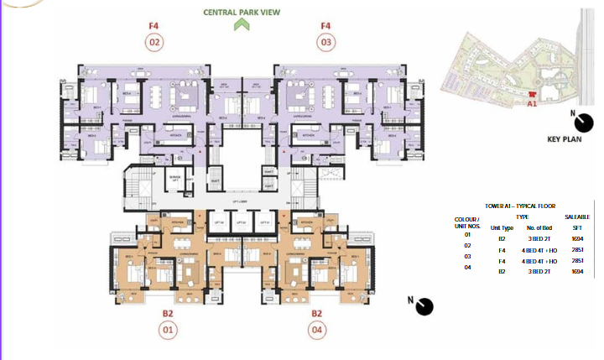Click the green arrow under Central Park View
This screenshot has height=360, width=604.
pos(242,24)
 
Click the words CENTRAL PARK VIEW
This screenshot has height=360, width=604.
pos(241,12)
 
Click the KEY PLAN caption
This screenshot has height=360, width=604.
pos(565,141)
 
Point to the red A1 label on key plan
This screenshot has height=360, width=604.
pos(531,104)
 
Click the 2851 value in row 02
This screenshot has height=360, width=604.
pos(578,249)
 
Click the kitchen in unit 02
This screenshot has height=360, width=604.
pos(178,134)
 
